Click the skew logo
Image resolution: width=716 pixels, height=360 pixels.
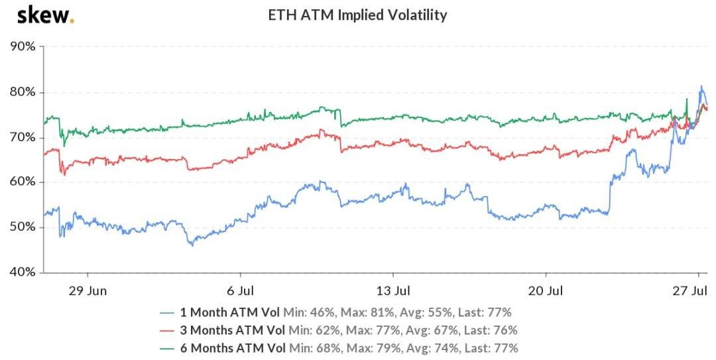click(45, 14)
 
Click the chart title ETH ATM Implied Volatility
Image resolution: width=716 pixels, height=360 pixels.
click(357, 15)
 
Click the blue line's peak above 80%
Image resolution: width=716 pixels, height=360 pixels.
click(701, 86)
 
